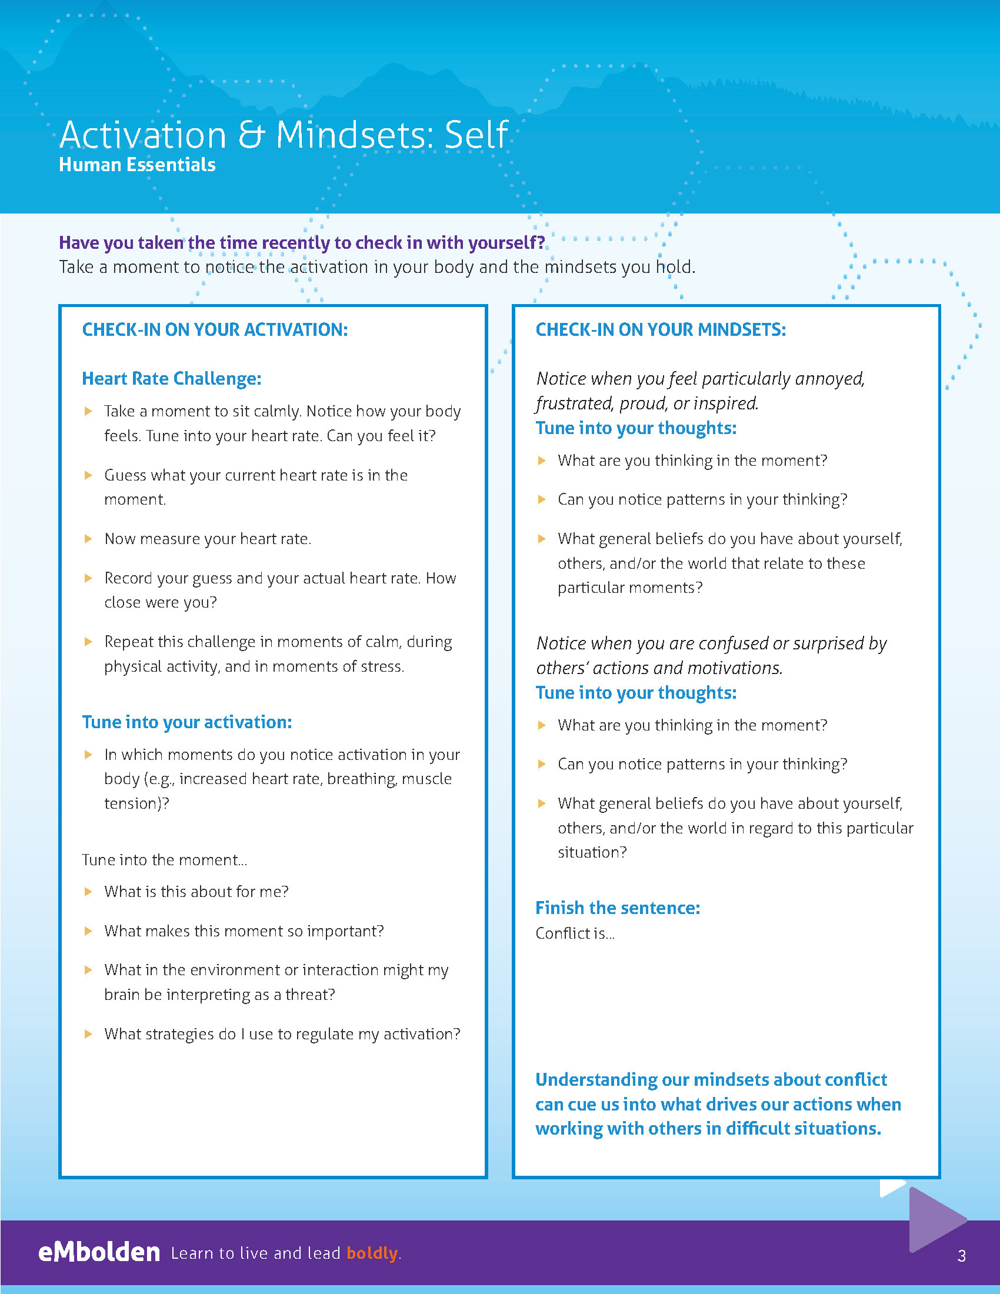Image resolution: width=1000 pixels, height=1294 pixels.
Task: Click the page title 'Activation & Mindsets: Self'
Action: [x=283, y=135]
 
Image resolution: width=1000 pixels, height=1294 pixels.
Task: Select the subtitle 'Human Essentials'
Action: [x=137, y=165]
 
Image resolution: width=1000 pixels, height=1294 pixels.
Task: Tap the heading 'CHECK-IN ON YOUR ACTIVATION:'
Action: [x=215, y=329]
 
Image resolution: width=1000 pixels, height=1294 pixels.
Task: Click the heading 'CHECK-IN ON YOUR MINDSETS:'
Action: [x=661, y=329]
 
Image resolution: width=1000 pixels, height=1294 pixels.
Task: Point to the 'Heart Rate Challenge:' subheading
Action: [x=171, y=379]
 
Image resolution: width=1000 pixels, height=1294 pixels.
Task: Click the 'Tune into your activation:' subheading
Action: [x=186, y=722]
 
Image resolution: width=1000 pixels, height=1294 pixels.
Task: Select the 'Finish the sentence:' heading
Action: [x=617, y=908]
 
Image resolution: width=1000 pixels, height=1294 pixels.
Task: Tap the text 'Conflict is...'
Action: [x=575, y=933]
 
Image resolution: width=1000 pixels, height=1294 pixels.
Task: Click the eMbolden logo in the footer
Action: [x=99, y=1252]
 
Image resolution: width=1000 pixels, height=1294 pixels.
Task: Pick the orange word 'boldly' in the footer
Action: [x=372, y=1253]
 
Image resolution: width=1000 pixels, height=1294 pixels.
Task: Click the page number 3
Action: [x=962, y=1256]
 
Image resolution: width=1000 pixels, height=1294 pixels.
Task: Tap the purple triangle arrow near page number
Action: [x=934, y=1219]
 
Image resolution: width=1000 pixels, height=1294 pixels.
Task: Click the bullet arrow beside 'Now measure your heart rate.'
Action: [x=88, y=539]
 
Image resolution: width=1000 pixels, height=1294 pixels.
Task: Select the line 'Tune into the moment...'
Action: [x=164, y=860]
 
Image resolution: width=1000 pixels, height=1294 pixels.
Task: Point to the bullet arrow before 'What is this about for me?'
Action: [x=88, y=892]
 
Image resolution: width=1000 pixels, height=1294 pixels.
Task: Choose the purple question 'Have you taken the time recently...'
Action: [x=302, y=242]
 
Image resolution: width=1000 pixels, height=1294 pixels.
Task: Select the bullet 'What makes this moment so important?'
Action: [x=244, y=931]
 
